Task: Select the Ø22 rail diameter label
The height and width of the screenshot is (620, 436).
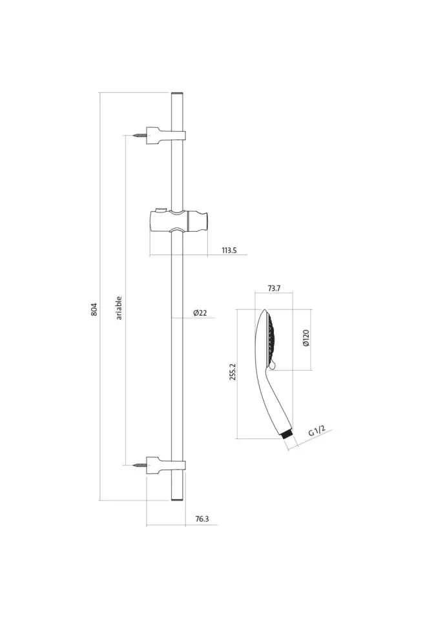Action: click(200, 313)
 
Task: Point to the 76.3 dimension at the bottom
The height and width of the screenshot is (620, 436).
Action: click(202, 519)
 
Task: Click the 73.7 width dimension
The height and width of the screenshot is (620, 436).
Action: click(274, 288)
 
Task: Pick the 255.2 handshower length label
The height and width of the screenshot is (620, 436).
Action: click(233, 371)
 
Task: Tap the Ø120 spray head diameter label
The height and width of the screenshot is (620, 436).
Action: click(306, 338)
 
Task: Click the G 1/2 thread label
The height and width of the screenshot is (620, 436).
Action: click(317, 431)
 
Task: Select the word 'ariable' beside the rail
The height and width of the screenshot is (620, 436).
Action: click(119, 308)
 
